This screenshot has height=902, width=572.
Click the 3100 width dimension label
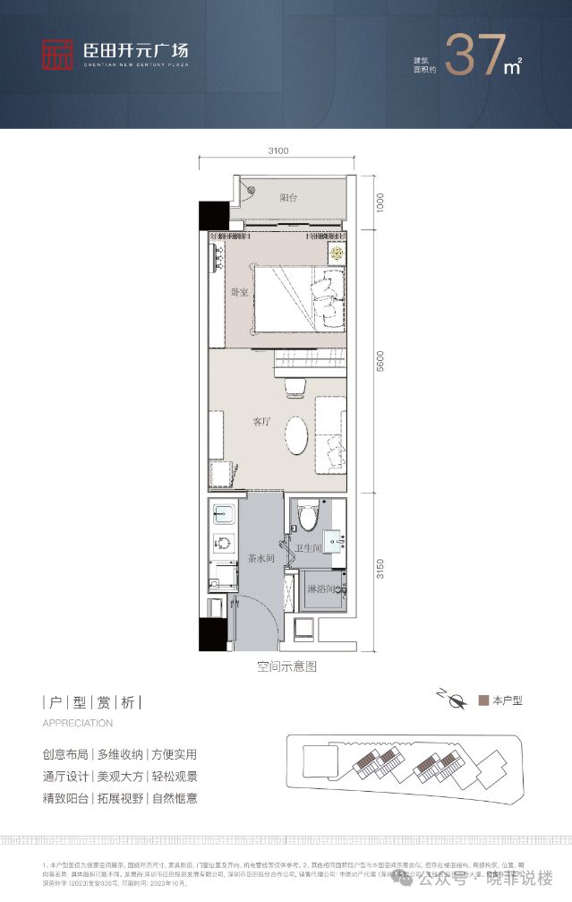278,150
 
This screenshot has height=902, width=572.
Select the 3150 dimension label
380,568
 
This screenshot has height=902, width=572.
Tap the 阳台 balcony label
287,198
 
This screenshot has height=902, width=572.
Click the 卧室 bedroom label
239,292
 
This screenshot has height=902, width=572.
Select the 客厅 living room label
260,421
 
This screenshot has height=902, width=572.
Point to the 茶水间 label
260,558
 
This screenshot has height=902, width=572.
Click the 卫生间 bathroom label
309,549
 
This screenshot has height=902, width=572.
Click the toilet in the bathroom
307,517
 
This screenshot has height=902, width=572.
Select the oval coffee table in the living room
298,437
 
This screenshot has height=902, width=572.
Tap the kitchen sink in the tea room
224,514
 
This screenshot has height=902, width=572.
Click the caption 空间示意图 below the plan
286,666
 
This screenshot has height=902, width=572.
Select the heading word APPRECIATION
78,723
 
